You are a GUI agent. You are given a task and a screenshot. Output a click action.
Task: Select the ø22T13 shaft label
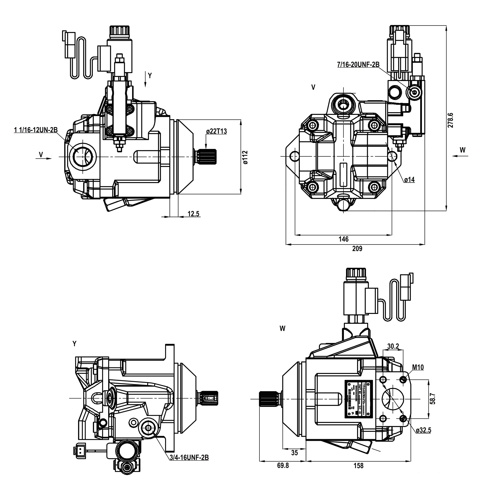[216, 131]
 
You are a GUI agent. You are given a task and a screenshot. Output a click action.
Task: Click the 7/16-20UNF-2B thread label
[358, 65]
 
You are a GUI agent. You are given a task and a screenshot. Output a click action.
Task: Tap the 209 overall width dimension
[357, 249]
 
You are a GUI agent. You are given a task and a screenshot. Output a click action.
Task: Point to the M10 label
[418, 367]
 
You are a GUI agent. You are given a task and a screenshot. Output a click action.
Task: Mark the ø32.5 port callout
[424, 430]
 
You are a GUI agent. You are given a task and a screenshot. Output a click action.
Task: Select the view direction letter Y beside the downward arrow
[150, 76]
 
